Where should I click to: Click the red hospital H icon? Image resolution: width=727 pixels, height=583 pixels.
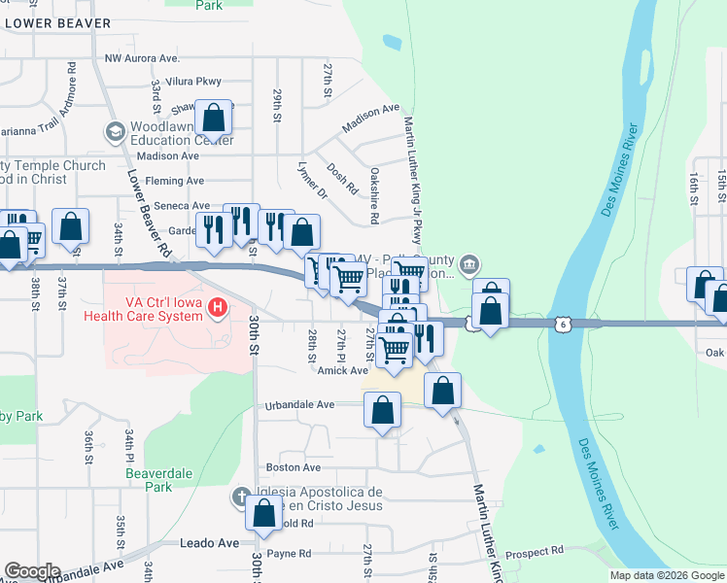coord(219,308)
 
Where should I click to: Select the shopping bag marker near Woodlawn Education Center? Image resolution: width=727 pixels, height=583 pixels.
coord(214,120)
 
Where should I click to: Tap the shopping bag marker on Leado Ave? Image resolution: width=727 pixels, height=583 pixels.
coord(263,515)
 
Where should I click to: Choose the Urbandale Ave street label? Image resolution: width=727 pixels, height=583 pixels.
coord(299,404)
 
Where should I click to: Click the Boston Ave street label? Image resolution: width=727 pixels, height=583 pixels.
coord(286,467)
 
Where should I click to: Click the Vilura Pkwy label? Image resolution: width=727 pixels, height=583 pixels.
coord(193,83)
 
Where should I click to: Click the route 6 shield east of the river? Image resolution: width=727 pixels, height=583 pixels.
coord(562,323)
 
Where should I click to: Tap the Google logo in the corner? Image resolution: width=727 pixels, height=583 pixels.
coord(32,571)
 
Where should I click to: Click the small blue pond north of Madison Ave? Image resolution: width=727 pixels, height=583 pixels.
coord(392,43)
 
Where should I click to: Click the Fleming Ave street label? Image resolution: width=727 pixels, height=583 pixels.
coord(175,181)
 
